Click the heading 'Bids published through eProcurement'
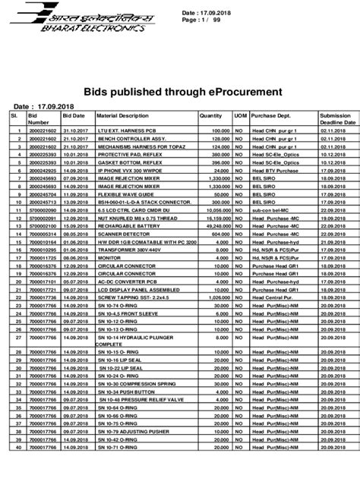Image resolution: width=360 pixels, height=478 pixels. click(x=180, y=91)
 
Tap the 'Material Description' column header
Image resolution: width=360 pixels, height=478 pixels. click(x=122, y=116)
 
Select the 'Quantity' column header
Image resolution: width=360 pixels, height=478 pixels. click(x=210, y=116)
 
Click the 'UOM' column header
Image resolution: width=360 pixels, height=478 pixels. click(x=239, y=116)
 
